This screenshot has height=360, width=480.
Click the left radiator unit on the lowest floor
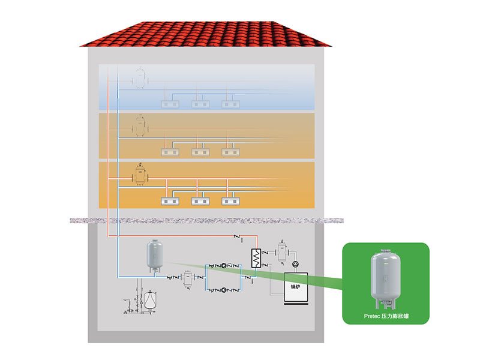[x=170, y=202]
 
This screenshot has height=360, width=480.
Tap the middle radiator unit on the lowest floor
[x=200, y=202]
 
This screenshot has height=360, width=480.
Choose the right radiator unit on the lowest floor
[x=231, y=202]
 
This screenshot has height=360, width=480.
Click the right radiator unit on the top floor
[x=231, y=104]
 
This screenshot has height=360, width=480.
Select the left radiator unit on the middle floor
[x=170, y=152]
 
